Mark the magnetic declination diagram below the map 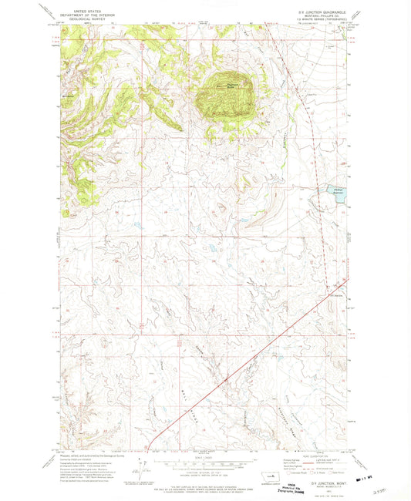pyautogui.click(x=140, y=467)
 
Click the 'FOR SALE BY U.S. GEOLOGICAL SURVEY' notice pyautogui.click(x=205, y=488)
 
